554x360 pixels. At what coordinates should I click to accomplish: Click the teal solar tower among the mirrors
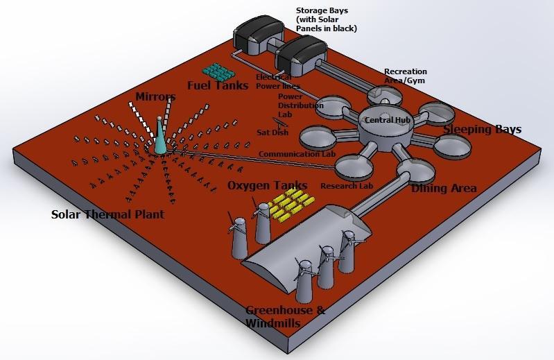click(x=161, y=136)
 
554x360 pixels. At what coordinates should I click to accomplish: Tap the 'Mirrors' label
click(x=155, y=96)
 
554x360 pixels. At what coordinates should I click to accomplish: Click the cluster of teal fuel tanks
click(x=221, y=71)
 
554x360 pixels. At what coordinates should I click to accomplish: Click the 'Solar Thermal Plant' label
click(x=107, y=214)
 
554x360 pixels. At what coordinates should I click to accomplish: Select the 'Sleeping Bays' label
click(x=482, y=130)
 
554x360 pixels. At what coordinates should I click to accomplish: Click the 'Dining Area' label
click(x=443, y=187)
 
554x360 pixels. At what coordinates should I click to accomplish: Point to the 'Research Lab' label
click(x=347, y=186)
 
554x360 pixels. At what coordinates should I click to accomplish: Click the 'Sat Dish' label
click(x=268, y=132)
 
